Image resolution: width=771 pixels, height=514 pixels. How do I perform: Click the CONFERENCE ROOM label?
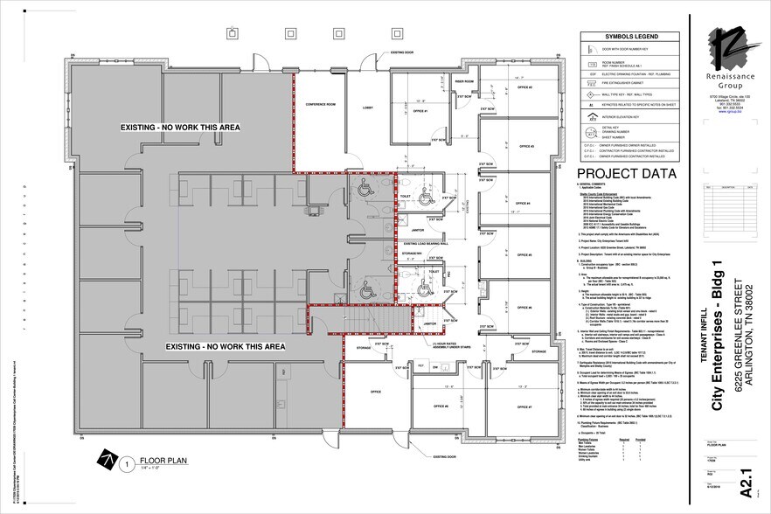320,105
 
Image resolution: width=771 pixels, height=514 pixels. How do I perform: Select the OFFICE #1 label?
420,111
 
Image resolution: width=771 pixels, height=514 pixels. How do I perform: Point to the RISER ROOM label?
464,82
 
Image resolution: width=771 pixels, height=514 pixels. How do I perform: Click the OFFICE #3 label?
525,146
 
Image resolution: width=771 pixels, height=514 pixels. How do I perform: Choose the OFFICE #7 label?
524,407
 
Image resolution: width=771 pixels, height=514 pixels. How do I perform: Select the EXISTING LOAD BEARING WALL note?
426,244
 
